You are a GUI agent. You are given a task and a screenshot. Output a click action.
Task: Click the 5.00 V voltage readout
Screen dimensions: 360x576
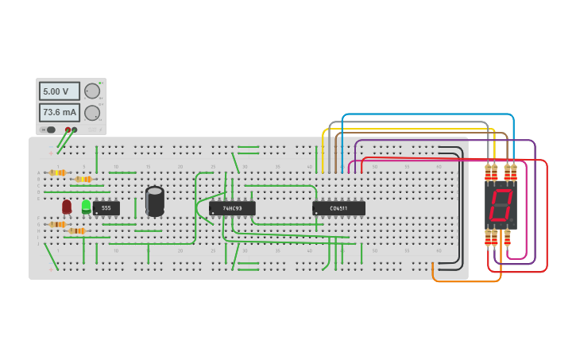[x=60, y=91]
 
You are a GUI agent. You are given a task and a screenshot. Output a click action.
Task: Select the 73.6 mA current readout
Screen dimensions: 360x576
[x=60, y=112]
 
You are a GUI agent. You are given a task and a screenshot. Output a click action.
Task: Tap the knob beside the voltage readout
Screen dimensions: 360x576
[x=92, y=91]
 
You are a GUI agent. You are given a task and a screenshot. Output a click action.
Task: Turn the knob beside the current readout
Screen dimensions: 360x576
[x=92, y=112]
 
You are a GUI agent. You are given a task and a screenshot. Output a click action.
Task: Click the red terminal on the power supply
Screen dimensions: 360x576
[x=68, y=130]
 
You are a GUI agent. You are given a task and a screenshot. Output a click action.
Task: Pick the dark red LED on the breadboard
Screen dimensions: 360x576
[x=67, y=207]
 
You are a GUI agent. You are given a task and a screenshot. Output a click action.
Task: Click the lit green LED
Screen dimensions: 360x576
[x=86, y=206]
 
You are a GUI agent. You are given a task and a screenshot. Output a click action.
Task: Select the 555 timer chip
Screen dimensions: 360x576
[x=106, y=208]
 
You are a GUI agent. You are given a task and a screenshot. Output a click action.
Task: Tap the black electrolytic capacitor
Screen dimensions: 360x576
[x=155, y=201]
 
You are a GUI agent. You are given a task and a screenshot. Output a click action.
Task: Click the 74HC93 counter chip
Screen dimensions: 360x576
[x=232, y=208]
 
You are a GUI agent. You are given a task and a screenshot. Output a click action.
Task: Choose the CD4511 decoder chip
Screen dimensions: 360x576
[x=339, y=208]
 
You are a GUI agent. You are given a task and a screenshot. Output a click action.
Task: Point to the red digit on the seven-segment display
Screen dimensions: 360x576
[x=501, y=205]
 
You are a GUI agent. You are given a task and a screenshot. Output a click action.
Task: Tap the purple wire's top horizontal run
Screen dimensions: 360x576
[x=445, y=141]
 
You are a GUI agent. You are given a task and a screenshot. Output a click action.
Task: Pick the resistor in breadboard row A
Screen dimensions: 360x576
[x=57, y=172]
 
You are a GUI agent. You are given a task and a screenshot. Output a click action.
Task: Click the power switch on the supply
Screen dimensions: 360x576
[x=50, y=130]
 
